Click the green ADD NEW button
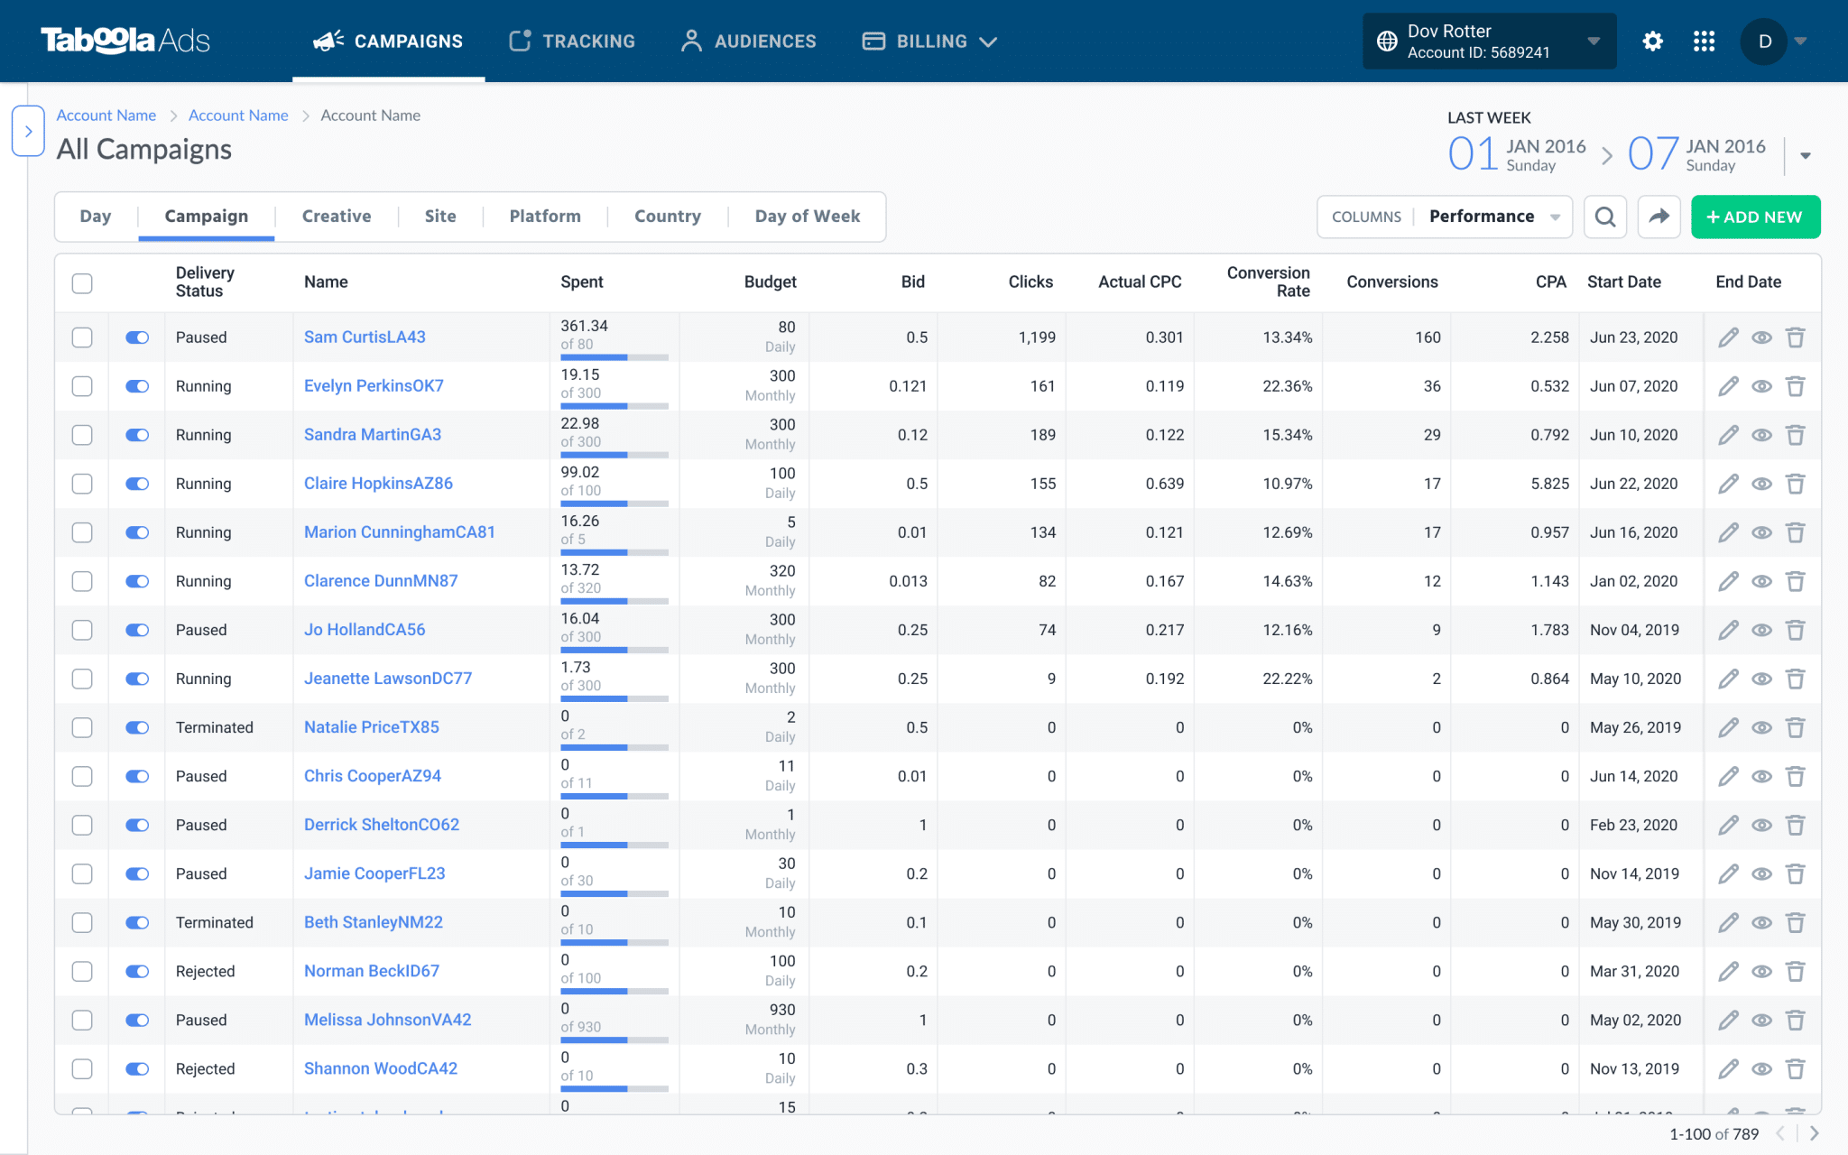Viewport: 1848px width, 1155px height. pyautogui.click(x=1754, y=217)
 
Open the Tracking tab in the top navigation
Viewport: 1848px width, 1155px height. pyautogui.click(x=572, y=42)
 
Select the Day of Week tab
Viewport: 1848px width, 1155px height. pyautogui.click(x=807, y=217)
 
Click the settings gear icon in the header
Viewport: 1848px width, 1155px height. pyautogui.click(x=1652, y=42)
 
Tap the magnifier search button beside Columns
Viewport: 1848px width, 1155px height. pyautogui.click(x=1604, y=217)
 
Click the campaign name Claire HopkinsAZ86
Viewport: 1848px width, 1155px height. pyautogui.click(x=378, y=484)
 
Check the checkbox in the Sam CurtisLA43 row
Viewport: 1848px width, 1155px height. pyautogui.click(x=82, y=337)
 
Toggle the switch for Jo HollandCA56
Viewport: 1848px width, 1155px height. pyautogui.click(x=137, y=630)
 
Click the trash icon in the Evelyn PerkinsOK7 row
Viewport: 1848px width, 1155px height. pyautogui.click(x=1795, y=386)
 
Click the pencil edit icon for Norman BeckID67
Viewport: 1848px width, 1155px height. pyautogui.click(x=1728, y=971)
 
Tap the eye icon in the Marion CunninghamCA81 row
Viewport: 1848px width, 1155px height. pyautogui.click(x=1761, y=532)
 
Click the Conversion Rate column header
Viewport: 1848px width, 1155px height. pyautogui.click(x=1268, y=282)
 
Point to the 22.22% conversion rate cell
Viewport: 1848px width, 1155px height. pyautogui.click(x=1287, y=679)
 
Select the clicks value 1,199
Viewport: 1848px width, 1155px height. pyautogui.click(x=1037, y=337)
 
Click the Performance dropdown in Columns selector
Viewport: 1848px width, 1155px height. pyautogui.click(x=1493, y=217)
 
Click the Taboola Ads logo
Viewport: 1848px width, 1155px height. pyautogui.click(x=125, y=41)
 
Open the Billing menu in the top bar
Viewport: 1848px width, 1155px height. pyautogui.click(x=929, y=42)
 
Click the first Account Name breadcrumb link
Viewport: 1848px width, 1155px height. pyautogui.click(x=106, y=115)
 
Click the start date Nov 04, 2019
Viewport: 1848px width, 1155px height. pyautogui.click(x=1634, y=630)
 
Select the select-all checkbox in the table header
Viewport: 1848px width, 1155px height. pyautogui.click(x=82, y=283)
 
